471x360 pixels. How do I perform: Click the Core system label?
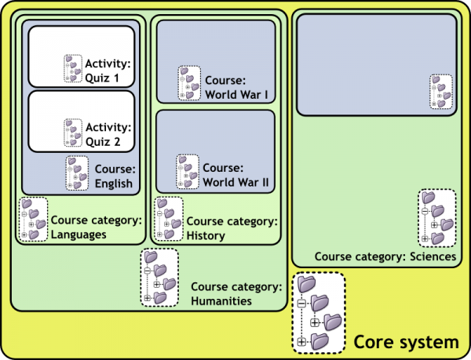[x=405, y=342]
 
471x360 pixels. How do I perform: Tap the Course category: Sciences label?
[x=385, y=256]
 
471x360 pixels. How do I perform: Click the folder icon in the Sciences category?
[x=436, y=217]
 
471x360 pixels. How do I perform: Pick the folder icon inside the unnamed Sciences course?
[x=441, y=93]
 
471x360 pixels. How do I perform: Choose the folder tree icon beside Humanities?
[x=159, y=278]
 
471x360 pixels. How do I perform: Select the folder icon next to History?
[x=169, y=219]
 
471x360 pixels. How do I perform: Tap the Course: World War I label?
[x=225, y=87]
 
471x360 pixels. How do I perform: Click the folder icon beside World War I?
[x=188, y=82]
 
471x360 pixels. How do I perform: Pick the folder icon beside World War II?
[x=187, y=171]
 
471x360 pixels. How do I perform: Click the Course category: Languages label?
[x=96, y=227]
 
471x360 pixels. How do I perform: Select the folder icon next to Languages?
[x=33, y=219]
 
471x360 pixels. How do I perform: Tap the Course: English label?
[x=114, y=176]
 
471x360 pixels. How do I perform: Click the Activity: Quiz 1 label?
[x=108, y=70]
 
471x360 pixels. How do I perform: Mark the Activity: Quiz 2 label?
[x=108, y=134]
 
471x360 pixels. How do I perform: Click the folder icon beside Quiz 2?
[x=73, y=133]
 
